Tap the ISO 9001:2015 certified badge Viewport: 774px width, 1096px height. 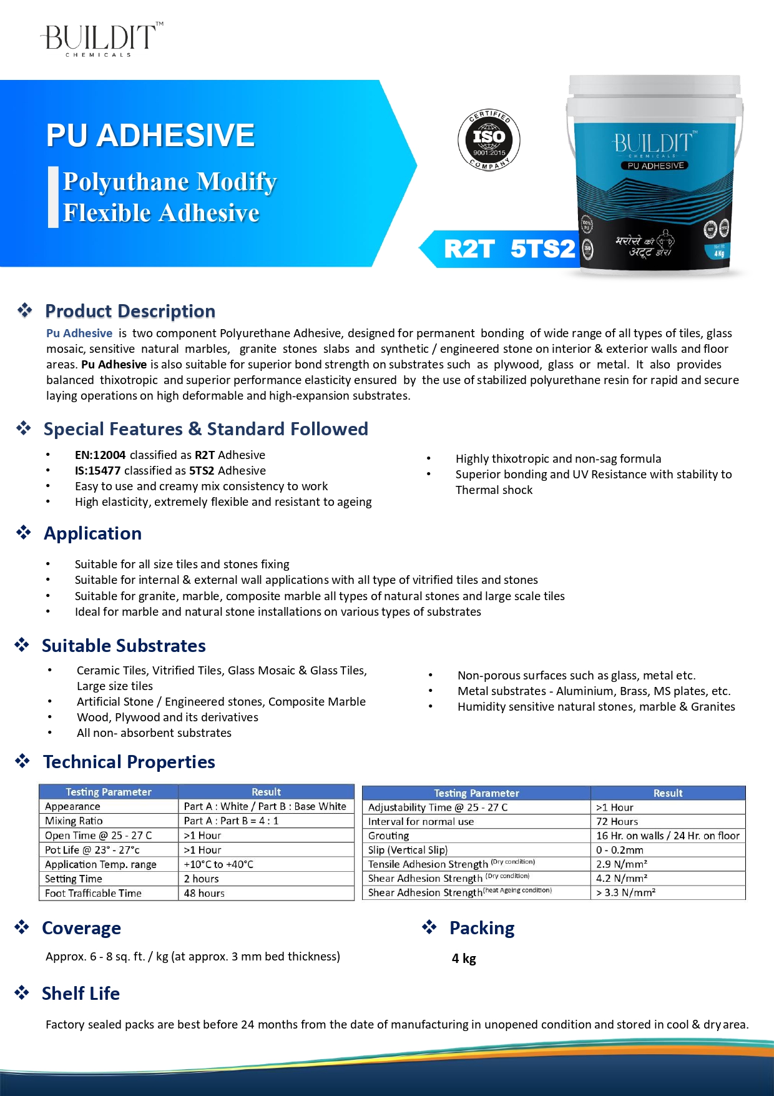tap(489, 139)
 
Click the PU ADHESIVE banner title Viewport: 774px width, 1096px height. tap(150, 135)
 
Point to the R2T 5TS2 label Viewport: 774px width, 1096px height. tap(509, 249)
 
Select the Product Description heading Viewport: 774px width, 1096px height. tap(130, 311)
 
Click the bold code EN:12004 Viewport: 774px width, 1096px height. tap(100, 455)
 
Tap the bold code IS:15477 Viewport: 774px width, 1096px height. tap(97, 470)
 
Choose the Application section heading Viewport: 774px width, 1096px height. tap(92, 533)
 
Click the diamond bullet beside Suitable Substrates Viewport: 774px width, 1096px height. tap(22, 645)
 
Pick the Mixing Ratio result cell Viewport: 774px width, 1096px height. tap(231, 821)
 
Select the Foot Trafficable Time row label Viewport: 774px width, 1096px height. tap(93, 893)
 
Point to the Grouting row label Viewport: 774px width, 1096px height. tap(388, 836)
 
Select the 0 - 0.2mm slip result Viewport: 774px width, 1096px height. tap(619, 850)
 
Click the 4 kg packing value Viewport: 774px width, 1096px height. tap(464, 958)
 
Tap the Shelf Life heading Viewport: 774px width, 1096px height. tap(81, 993)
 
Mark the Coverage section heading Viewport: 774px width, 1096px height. tap(81, 928)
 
